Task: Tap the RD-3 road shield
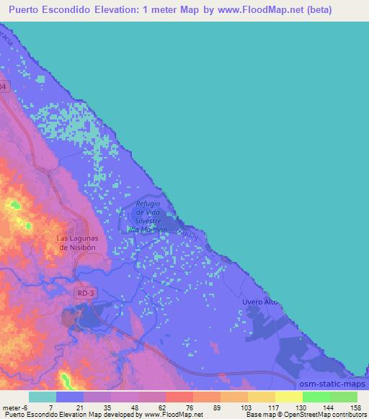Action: (84, 294)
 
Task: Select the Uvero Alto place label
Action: (261, 302)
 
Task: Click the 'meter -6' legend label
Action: (15, 407)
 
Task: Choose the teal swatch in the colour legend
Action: (43, 397)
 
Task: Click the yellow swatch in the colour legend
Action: (289, 397)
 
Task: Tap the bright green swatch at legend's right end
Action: (344, 397)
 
